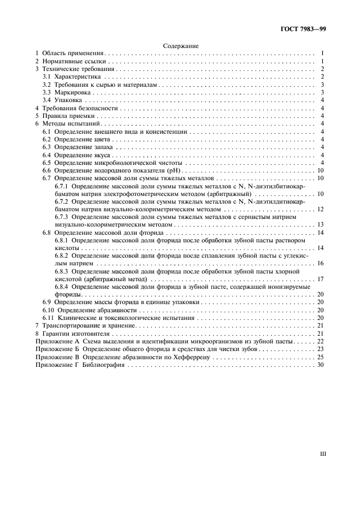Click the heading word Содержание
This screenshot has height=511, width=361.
click(x=181, y=46)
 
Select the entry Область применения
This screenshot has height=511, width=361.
click(x=72, y=54)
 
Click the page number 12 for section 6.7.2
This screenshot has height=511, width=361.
click(x=321, y=209)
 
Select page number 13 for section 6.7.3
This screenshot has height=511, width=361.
click(x=321, y=224)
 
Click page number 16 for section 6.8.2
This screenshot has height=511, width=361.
click(x=321, y=263)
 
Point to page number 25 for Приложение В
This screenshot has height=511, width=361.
click(x=321, y=356)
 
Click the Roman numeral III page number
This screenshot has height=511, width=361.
click(x=322, y=453)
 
